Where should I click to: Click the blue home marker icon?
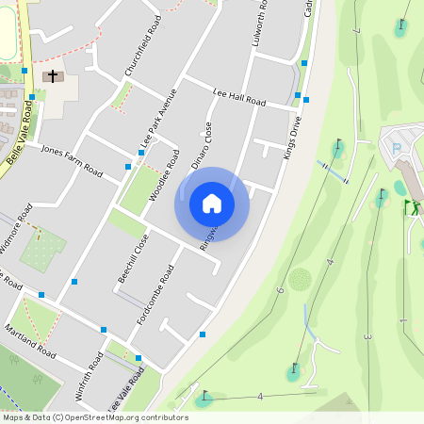[212, 204]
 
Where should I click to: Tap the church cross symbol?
[52, 76]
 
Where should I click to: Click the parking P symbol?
[397, 147]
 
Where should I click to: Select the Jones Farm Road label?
[72, 161]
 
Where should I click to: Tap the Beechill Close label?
[133, 257]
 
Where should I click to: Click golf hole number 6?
[280, 291]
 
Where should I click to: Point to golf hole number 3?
[367, 336]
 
